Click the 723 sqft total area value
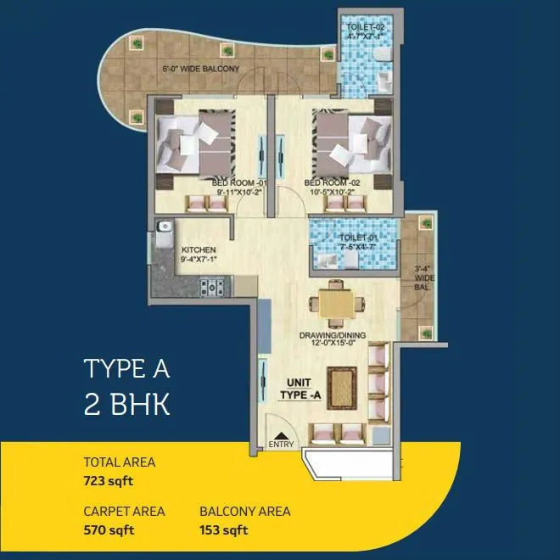pyautogui.click(x=109, y=481)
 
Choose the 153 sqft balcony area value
pyautogui.click(x=224, y=532)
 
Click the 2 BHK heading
pyautogui.click(x=127, y=403)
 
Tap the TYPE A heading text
pyautogui.click(x=127, y=369)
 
